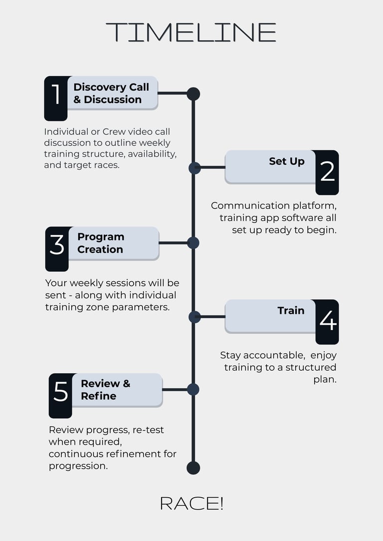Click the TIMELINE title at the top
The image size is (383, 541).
click(x=191, y=32)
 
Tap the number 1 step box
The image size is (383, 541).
click(x=56, y=98)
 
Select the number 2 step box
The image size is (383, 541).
click(x=327, y=172)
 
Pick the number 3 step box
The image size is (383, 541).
click(x=57, y=249)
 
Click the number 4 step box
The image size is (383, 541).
click(x=327, y=322)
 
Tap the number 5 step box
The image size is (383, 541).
click(x=60, y=396)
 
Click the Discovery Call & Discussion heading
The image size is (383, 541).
click(x=111, y=93)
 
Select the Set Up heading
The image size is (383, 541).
click(x=286, y=161)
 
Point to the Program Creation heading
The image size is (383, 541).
click(x=101, y=243)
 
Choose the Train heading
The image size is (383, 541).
click(x=291, y=311)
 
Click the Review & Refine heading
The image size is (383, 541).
click(x=105, y=390)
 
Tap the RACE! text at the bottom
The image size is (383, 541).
click(x=191, y=503)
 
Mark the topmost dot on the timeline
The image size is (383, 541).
click(x=193, y=94)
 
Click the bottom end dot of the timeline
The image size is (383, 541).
click(x=193, y=468)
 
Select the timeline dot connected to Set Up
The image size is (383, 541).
click(x=194, y=168)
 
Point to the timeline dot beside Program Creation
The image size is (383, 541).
click(x=193, y=243)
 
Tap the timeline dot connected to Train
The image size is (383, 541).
click(x=194, y=317)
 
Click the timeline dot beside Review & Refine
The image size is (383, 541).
click(x=193, y=389)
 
